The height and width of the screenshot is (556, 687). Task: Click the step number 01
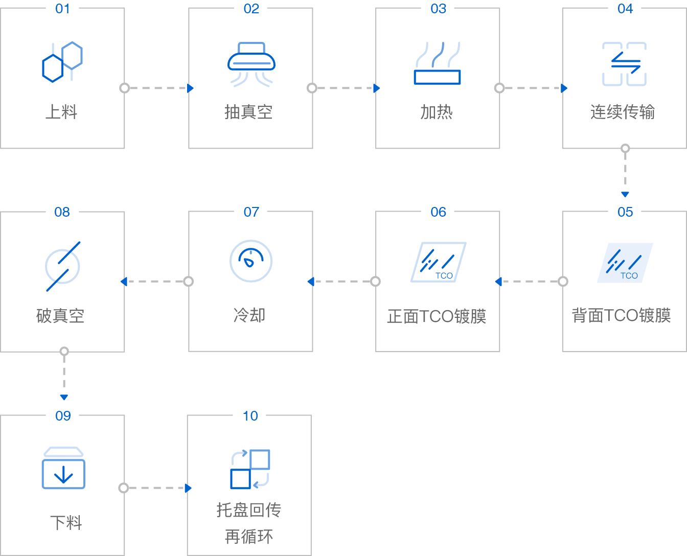click(x=62, y=9)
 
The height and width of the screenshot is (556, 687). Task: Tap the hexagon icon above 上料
click(x=62, y=62)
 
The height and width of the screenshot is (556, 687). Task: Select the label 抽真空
click(x=248, y=112)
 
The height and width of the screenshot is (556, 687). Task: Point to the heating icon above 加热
click(x=437, y=63)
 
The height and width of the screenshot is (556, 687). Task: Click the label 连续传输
click(x=623, y=112)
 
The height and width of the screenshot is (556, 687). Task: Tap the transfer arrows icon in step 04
click(x=624, y=64)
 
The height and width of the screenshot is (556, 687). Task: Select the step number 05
click(x=625, y=212)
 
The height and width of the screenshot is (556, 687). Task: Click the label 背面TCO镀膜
click(x=621, y=315)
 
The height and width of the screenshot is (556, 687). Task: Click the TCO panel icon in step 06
click(x=438, y=262)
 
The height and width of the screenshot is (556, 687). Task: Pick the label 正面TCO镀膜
click(x=437, y=316)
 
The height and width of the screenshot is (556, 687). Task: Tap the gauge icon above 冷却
click(x=250, y=261)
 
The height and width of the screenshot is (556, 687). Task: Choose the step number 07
click(x=251, y=212)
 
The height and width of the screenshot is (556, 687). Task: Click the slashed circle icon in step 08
click(x=63, y=266)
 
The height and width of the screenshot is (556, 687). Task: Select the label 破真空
click(x=60, y=316)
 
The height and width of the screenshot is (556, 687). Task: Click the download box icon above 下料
click(x=63, y=469)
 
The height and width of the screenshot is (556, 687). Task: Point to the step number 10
click(x=250, y=416)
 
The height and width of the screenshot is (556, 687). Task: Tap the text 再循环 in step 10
click(x=249, y=537)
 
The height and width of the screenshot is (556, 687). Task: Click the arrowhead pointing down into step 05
click(x=625, y=194)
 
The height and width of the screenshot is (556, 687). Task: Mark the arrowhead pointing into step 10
click(x=188, y=488)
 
